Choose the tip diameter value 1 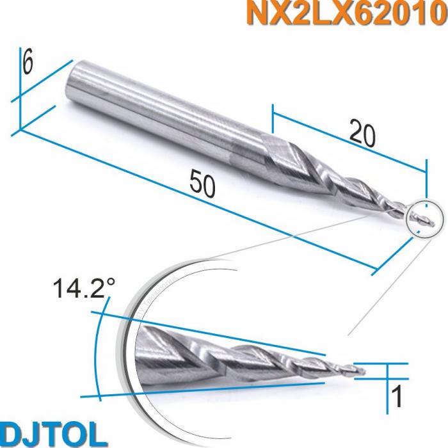(397, 397)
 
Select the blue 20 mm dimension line (349, 141)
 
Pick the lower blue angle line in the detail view (211, 388)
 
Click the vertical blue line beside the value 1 (388, 387)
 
